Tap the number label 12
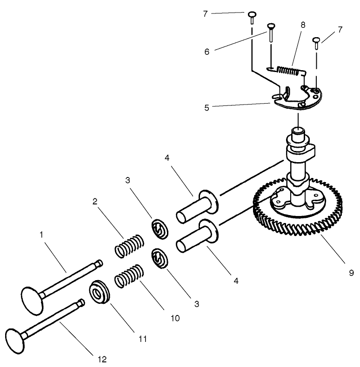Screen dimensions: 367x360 (x=102, y=359)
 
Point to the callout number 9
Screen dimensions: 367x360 (x=352, y=273)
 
